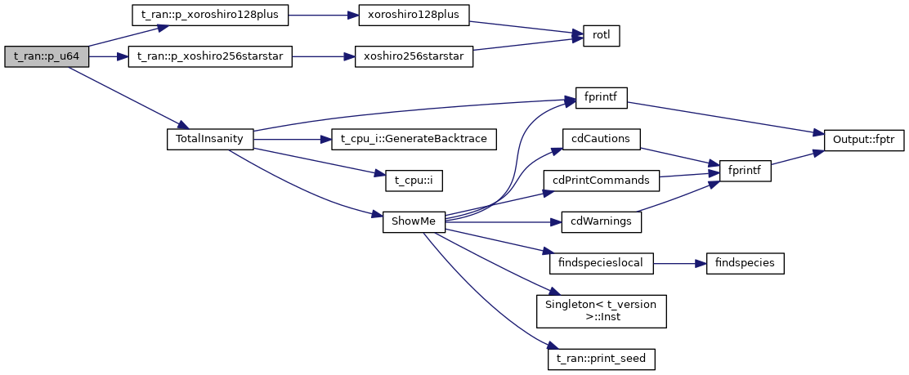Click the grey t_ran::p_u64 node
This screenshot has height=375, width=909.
[x=46, y=56]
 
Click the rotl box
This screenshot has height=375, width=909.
[x=601, y=36]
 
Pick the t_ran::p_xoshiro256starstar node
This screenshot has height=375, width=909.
[x=210, y=56]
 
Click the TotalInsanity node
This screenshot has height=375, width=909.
[x=210, y=139]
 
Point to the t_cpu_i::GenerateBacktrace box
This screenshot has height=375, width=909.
[x=414, y=139]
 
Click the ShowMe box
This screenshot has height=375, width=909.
[x=414, y=222]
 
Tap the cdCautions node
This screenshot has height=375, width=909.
[x=601, y=139]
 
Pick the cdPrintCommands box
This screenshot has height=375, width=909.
[x=601, y=181]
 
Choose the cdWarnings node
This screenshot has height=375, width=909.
[x=601, y=222]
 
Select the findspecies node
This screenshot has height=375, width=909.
[x=739, y=263]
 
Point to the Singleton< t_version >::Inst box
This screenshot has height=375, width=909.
[x=601, y=310]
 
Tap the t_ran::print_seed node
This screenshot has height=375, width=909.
[x=601, y=358]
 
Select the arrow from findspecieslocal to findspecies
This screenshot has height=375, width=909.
[x=674, y=263]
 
